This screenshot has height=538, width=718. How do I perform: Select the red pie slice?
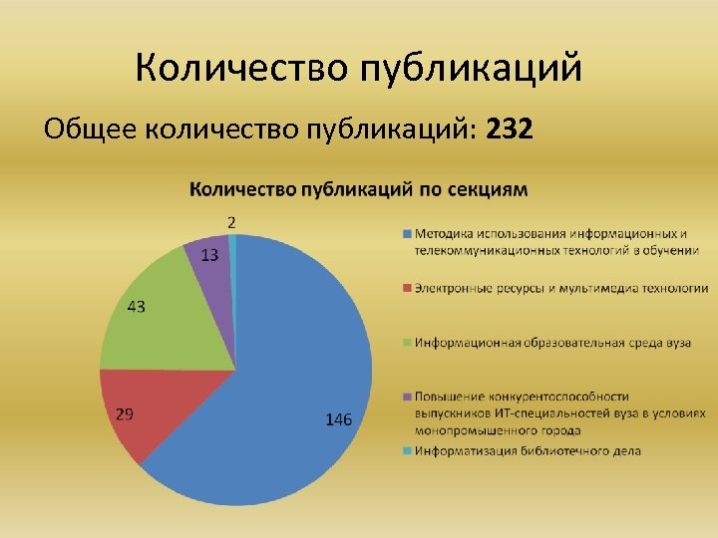140,408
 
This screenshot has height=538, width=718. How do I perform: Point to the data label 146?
339,420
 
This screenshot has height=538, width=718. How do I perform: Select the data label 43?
136,307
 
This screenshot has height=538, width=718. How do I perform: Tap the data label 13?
209,255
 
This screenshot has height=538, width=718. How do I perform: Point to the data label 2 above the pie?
231,221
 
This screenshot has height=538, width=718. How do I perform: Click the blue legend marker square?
407,234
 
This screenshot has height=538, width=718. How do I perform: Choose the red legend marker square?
407,289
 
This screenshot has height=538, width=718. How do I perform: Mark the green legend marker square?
407,343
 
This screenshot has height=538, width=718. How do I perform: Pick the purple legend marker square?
407,397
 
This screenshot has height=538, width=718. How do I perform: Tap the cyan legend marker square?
407,450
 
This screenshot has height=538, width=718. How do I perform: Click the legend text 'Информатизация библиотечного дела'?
529,450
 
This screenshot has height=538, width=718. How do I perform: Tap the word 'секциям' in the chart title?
489,188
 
